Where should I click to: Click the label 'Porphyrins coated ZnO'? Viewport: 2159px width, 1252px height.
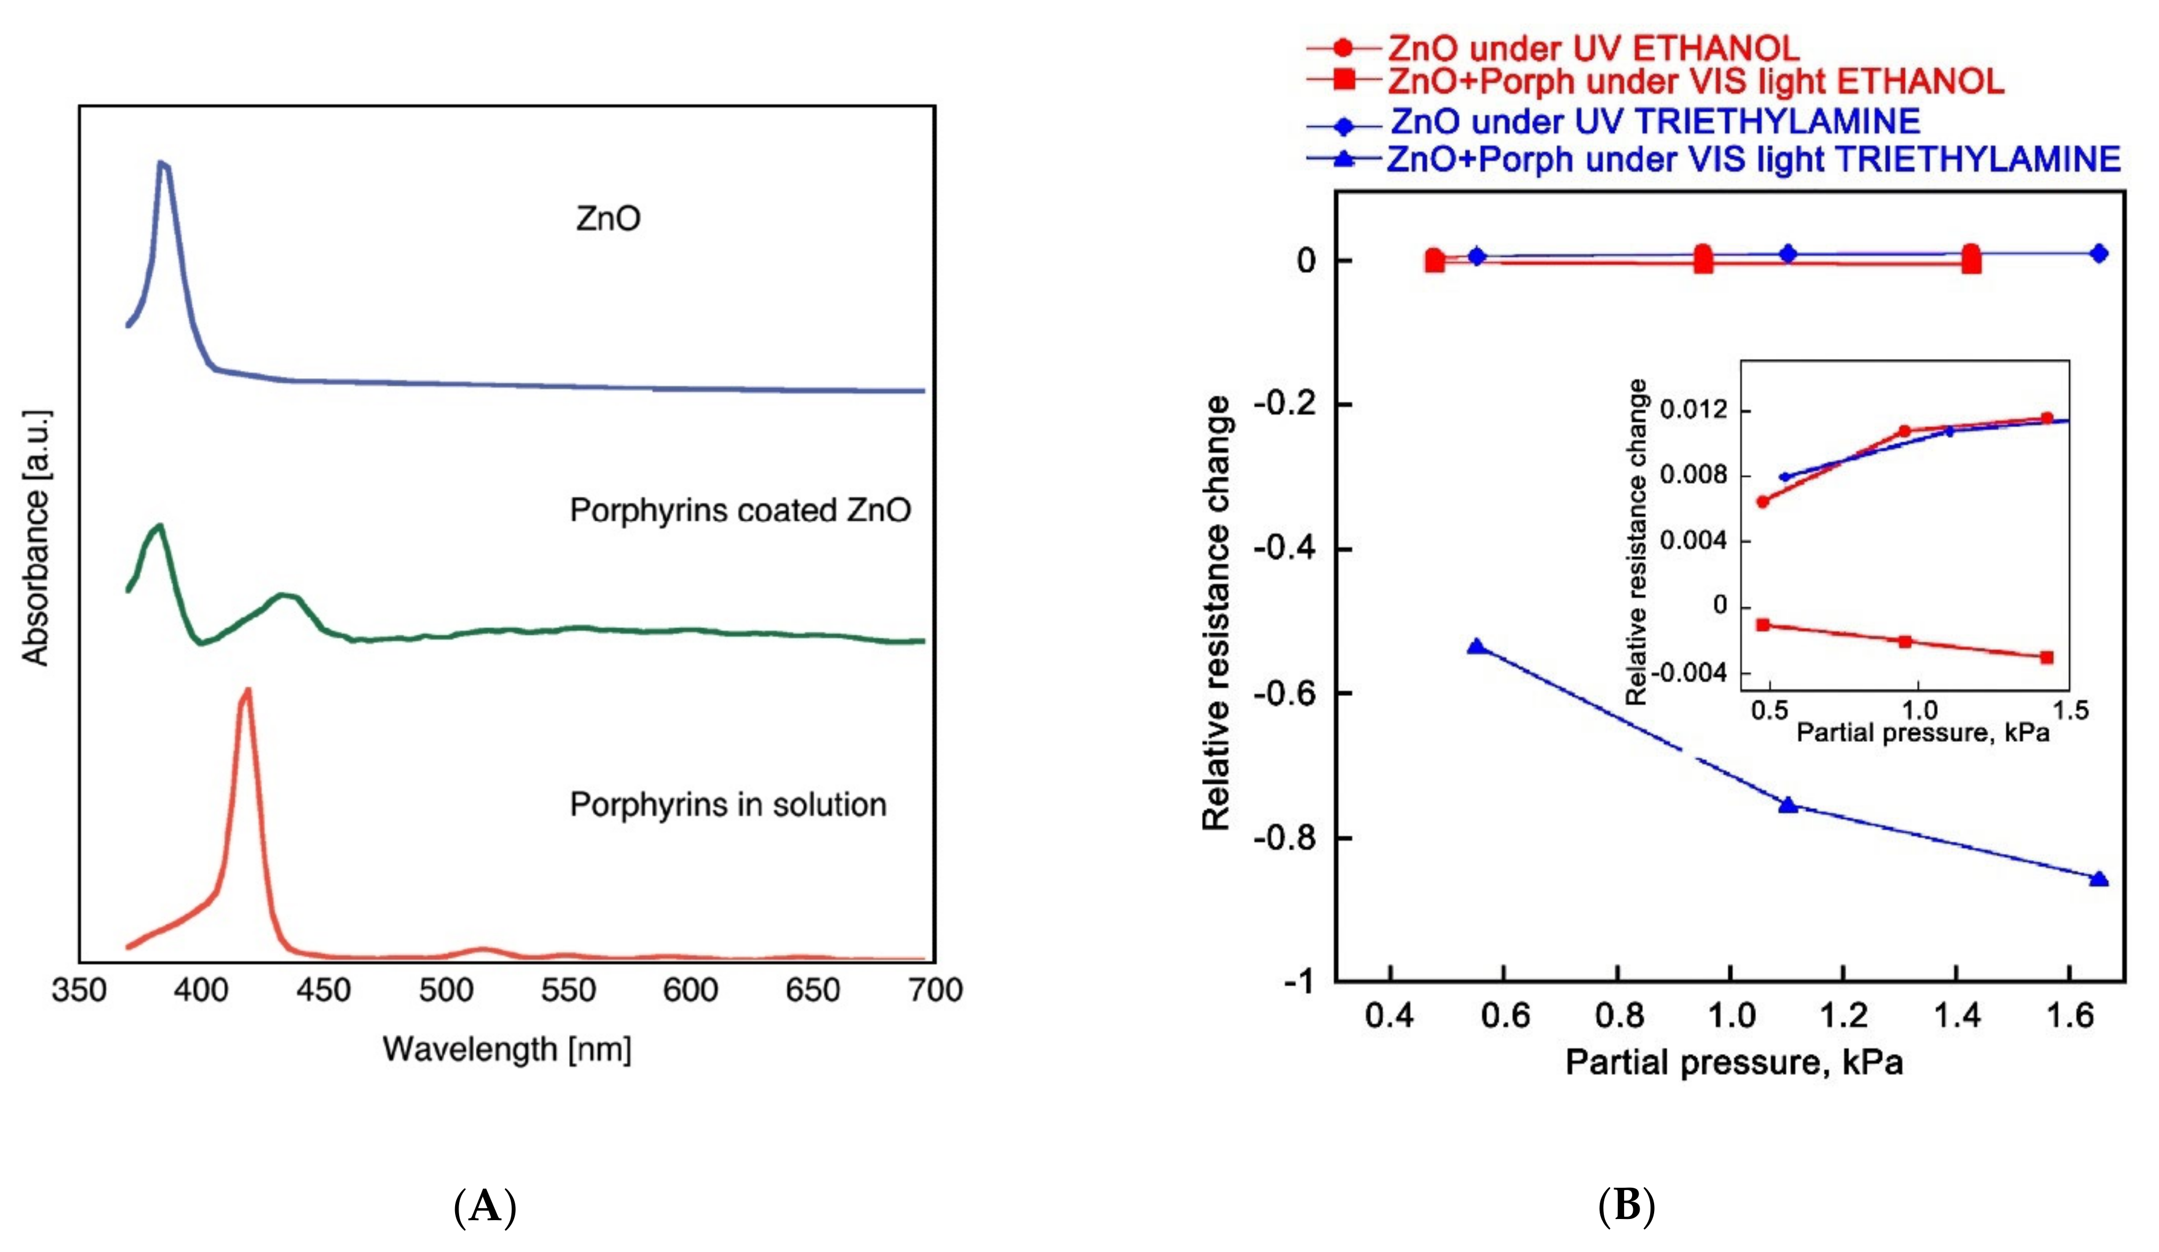pos(741,511)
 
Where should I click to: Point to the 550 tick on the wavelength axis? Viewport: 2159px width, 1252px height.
pos(567,991)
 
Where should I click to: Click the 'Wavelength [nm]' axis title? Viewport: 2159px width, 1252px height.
pos(507,1049)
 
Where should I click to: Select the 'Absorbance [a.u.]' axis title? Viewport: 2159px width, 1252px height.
pos(36,538)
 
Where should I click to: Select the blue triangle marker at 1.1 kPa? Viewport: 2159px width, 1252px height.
pos(1788,805)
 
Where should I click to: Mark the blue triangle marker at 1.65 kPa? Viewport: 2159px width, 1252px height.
pos(2098,879)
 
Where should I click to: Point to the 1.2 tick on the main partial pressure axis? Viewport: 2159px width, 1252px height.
pos(1843,1016)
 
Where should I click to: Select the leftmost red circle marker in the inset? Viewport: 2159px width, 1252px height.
pos(1762,501)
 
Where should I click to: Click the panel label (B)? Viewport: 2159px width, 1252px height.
pos(1626,1207)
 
